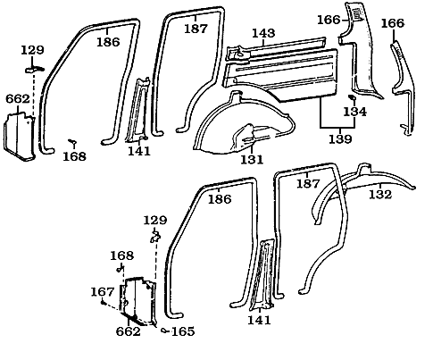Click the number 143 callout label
click(262, 33)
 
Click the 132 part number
click(381, 193)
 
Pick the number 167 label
click(103, 290)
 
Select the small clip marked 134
click(351, 99)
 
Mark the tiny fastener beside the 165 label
click(164, 329)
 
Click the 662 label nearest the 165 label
click(129, 331)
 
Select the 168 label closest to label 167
click(122, 256)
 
